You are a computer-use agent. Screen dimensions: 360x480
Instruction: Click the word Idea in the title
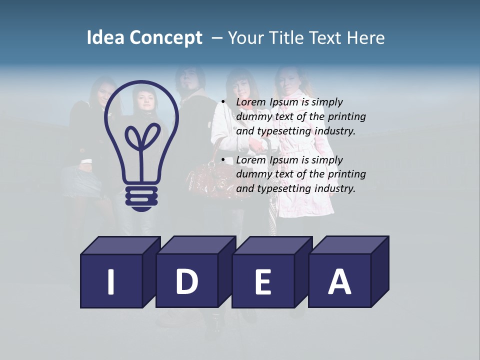pyautogui.click(x=105, y=38)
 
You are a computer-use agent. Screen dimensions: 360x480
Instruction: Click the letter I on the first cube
pyautogui.click(x=111, y=281)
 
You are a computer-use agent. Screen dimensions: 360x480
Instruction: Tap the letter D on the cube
pyautogui.click(x=186, y=281)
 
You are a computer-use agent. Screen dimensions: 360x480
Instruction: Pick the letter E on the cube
pyautogui.click(x=262, y=281)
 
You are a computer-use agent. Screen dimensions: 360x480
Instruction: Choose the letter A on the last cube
pyautogui.click(x=339, y=281)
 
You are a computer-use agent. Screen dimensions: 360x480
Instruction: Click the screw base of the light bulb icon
pyautogui.click(x=141, y=197)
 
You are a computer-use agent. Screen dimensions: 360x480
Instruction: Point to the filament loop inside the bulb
pyautogui.click(x=142, y=137)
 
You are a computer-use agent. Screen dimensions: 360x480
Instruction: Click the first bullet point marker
pyautogui.click(x=223, y=102)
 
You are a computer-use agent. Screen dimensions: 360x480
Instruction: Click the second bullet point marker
pyautogui.click(x=223, y=160)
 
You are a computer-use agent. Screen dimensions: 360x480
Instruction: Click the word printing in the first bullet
pyautogui.click(x=347, y=116)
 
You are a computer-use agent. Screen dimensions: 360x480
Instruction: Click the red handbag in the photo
pyautogui.click(x=207, y=172)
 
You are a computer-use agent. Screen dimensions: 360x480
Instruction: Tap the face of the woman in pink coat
pyautogui.click(x=288, y=80)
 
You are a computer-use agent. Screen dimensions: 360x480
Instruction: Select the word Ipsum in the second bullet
pyautogui.click(x=284, y=160)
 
